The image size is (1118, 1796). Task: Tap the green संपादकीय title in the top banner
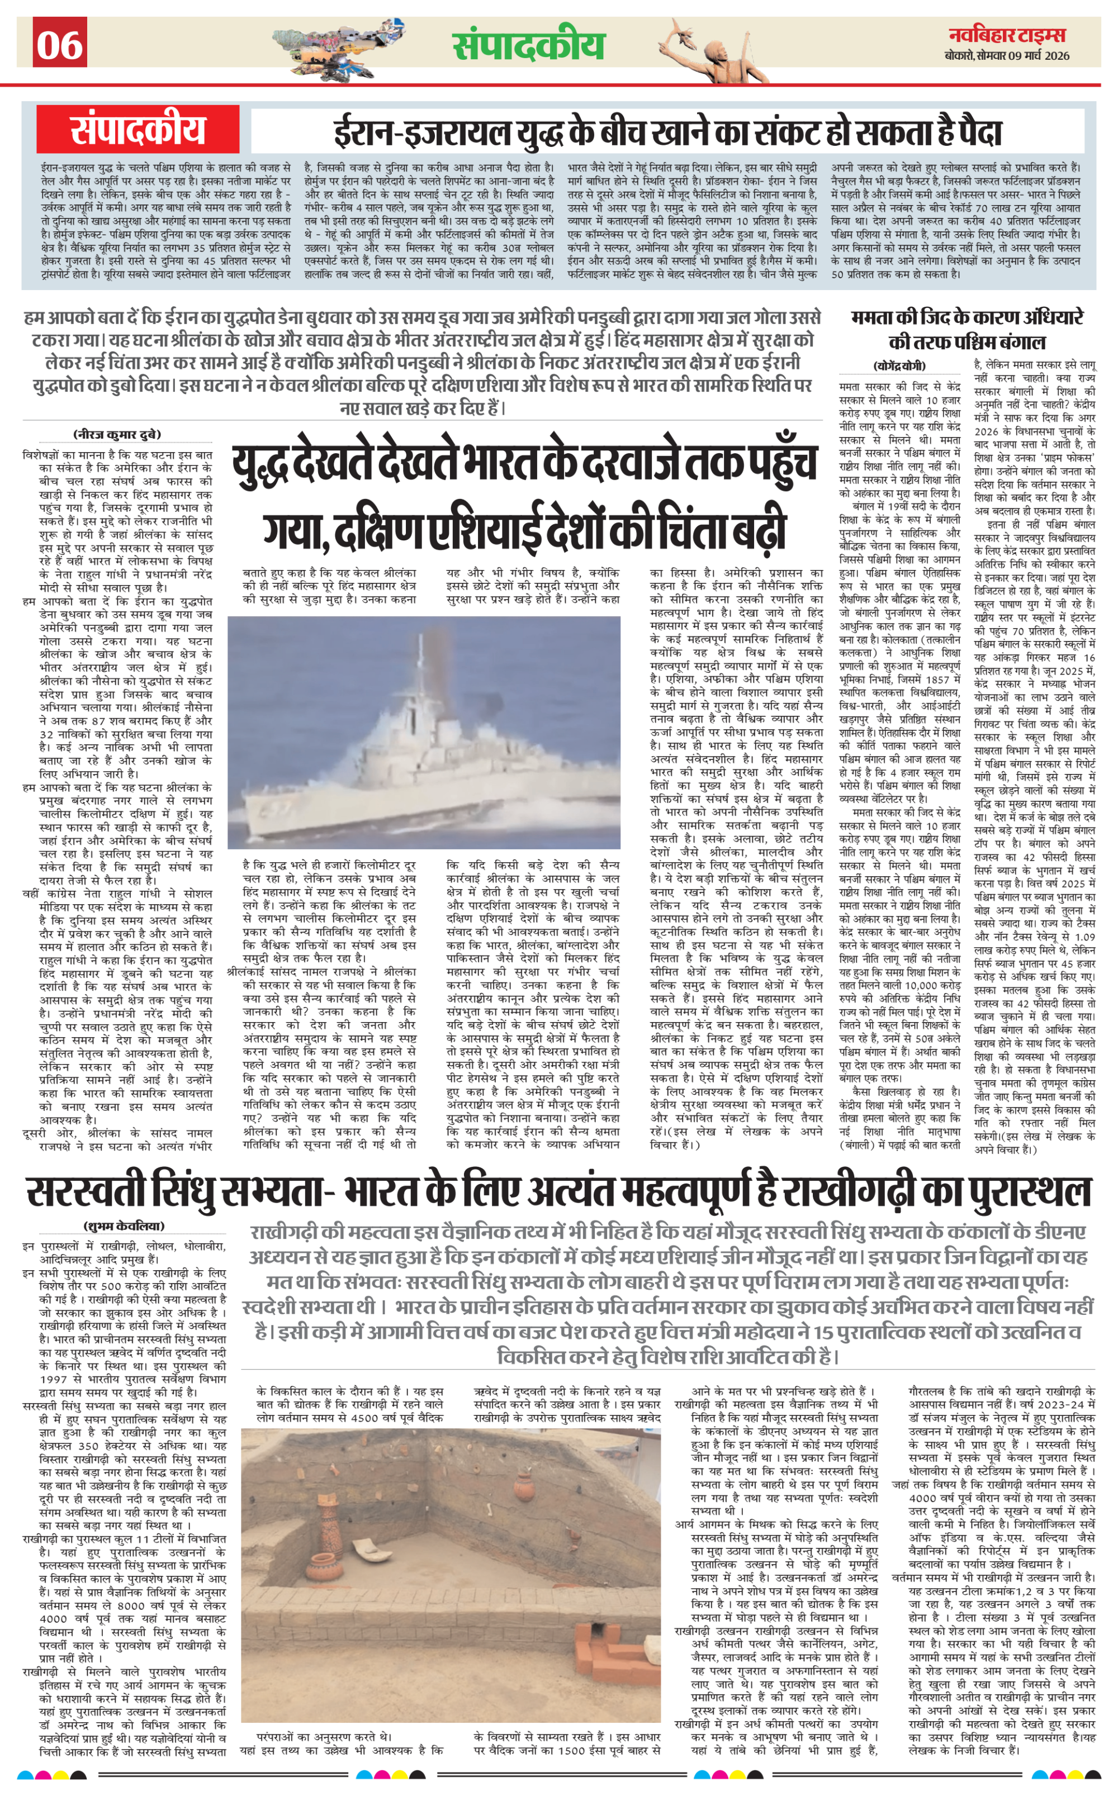tap(529, 46)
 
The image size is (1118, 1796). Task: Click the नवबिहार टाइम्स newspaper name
tap(1007, 35)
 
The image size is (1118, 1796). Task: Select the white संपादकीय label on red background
tap(138, 129)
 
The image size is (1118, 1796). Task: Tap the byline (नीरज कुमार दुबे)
tap(117, 435)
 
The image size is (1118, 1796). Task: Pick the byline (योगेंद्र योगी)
tap(898, 366)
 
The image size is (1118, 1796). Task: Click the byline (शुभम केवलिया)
tap(124, 1226)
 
